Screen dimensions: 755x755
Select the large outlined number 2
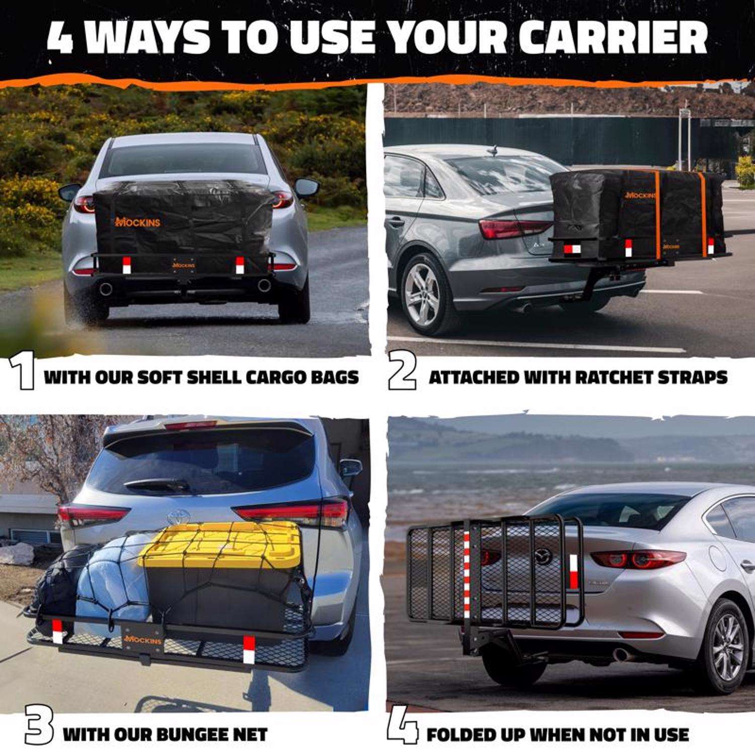click(402, 373)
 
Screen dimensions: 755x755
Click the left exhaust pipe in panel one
click(106, 289)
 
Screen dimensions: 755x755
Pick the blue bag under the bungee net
click(113, 586)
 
